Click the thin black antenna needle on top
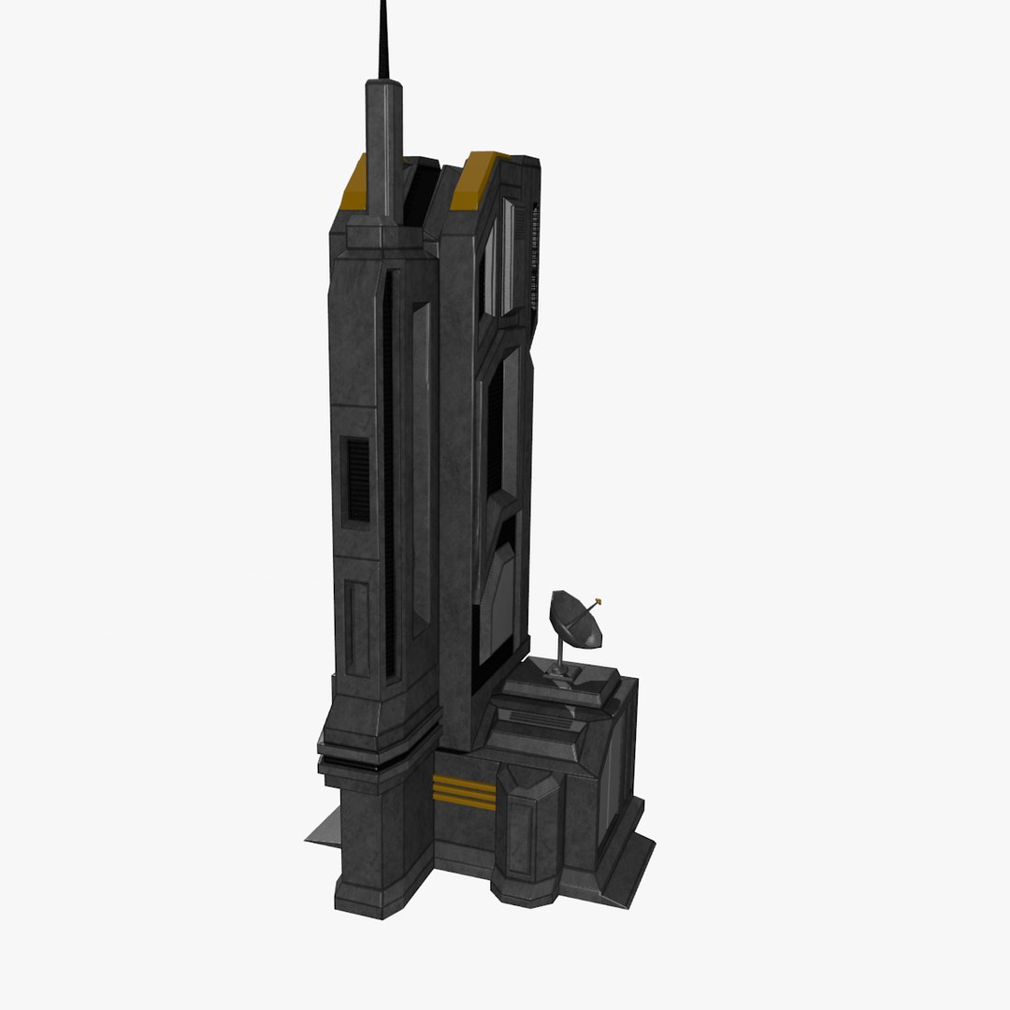(382, 42)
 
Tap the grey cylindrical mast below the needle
(383, 150)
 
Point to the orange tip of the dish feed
(598, 602)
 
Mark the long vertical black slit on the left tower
(389, 468)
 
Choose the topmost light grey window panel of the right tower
(506, 257)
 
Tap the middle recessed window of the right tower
(501, 426)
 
